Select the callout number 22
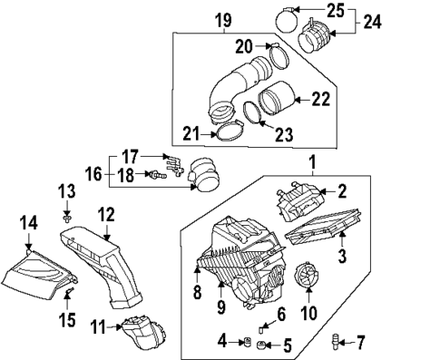tap(319, 99)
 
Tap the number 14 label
tap(30, 220)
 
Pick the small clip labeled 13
tap(68, 217)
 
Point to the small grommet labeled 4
tap(244, 342)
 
